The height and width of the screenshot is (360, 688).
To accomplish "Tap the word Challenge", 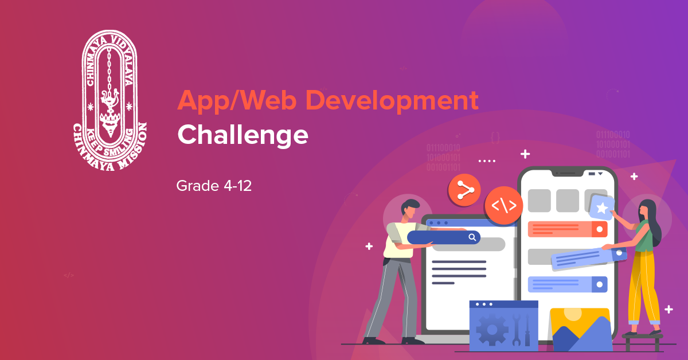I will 243,135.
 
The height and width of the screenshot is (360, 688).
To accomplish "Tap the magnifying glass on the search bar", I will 472,237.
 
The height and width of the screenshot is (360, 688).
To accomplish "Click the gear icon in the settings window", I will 491,329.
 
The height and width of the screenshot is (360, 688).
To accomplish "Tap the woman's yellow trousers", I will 641,292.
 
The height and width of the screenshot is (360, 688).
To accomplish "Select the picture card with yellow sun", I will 579,329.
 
